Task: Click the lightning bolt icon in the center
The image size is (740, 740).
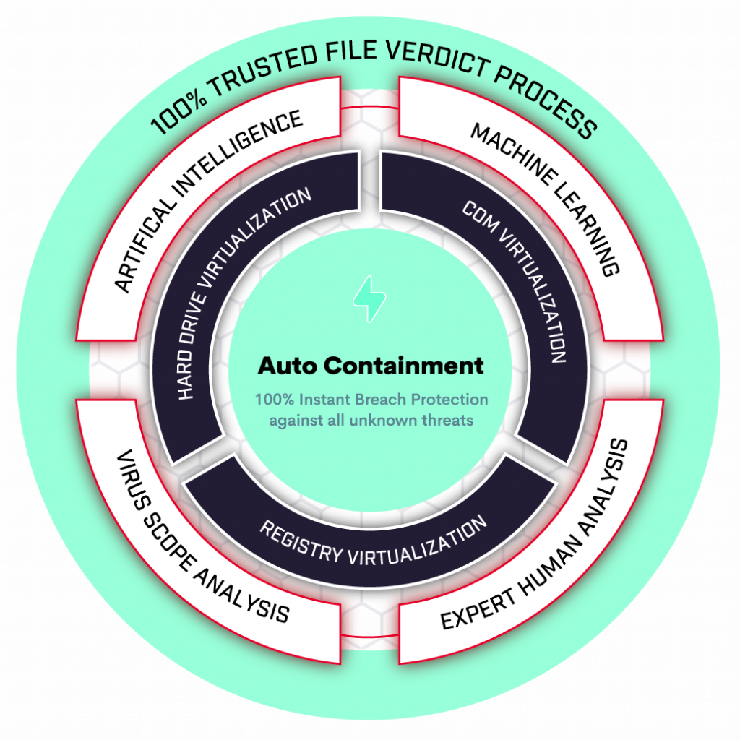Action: [369, 298]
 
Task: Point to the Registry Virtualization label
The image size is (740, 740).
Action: [373, 543]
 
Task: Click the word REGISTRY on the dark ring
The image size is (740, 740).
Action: [300, 543]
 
